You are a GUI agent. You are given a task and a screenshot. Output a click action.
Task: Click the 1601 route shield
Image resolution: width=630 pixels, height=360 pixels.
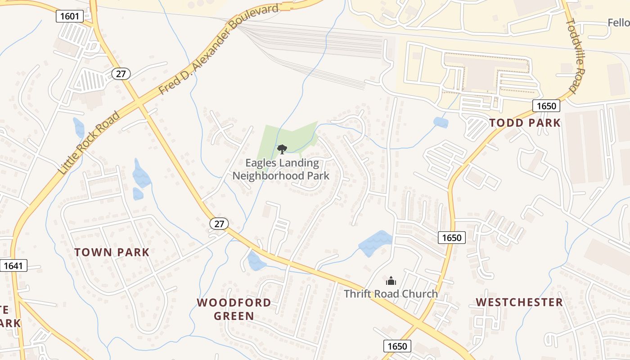click(70, 17)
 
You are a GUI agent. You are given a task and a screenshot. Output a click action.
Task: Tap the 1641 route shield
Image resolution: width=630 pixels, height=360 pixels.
click(13, 265)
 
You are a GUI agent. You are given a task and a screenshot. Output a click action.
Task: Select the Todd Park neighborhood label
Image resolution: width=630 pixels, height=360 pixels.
click(525, 123)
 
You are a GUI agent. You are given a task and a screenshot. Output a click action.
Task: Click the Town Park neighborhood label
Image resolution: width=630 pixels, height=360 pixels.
click(112, 252)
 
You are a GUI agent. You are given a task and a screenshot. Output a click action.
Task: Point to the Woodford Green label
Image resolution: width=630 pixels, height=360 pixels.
click(234, 309)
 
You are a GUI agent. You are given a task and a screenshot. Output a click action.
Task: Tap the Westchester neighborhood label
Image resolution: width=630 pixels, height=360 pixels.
click(519, 302)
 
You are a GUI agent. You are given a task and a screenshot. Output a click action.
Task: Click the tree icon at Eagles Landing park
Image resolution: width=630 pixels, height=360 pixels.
click(282, 149)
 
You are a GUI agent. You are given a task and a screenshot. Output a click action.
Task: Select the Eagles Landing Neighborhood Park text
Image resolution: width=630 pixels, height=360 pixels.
click(281, 170)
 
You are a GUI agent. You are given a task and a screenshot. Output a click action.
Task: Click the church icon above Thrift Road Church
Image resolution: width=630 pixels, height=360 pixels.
click(391, 281)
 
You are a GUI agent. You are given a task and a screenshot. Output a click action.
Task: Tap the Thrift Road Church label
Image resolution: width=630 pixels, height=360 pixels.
click(391, 294)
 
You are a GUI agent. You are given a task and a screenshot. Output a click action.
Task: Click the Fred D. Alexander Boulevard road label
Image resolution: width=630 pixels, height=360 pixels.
click(219, 49)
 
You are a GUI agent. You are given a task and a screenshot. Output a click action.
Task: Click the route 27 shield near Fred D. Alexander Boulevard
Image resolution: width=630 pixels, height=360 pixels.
click(121, 74)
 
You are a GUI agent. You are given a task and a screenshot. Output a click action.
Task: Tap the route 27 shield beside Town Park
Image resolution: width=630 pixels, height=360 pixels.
click(219, 224)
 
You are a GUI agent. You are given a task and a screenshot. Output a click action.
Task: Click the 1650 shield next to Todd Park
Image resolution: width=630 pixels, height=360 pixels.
click(546, 106)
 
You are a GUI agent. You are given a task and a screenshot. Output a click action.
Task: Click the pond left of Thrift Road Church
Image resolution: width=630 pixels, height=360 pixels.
click(375, 243)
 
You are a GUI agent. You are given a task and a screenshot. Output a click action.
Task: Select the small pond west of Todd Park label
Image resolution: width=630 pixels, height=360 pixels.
click(441, 122)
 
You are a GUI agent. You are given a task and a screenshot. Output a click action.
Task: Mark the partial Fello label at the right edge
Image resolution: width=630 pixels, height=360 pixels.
click(618, 22)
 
